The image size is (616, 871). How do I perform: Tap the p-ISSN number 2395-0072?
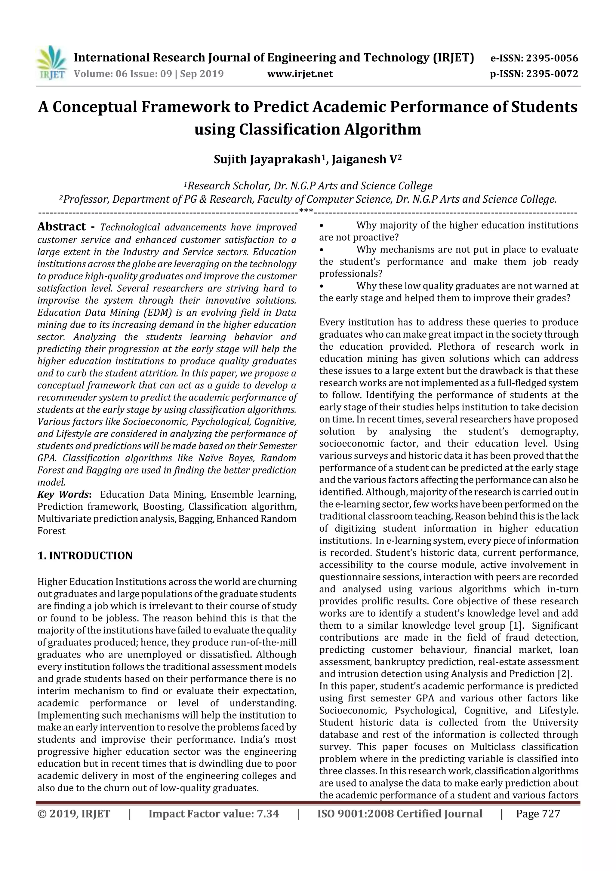[x=552, y=74]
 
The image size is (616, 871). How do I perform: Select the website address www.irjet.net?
[x=300, y=74]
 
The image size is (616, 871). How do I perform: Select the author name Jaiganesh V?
[x=364, y=159]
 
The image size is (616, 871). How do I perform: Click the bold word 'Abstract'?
[x=61, y=226]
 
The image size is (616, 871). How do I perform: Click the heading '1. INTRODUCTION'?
[x=85, y=555]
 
